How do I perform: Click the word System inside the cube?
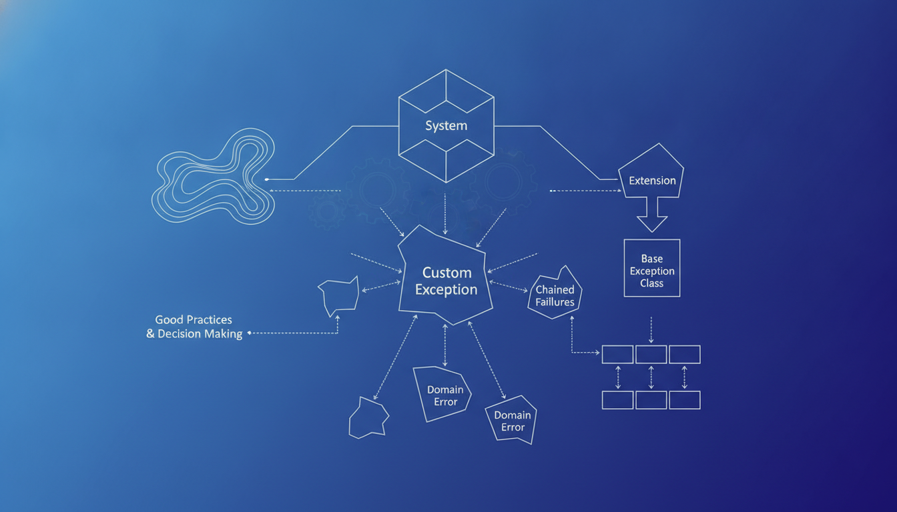click(446, 125)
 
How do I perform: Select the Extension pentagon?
click(651, 172)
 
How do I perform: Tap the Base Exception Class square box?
click(652, 268)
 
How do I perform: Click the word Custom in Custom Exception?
click(447, 273)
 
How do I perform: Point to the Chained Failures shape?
click(555, 294)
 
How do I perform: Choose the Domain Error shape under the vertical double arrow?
click(442, 394)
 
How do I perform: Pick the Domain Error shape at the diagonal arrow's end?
click(511, 420)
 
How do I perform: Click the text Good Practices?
click(194, 319)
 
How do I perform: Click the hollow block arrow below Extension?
click(652, 215)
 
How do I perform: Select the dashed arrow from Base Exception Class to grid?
click(651, 330)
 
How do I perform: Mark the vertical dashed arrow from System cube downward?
click(445, 214)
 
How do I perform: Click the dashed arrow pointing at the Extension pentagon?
click(585, 191)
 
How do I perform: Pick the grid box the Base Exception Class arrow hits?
click(651, 355)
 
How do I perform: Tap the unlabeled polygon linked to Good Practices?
click(339, 296)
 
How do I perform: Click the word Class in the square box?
click(651, 283)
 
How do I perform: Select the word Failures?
click(555, 302)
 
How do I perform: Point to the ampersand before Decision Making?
click(150, 333)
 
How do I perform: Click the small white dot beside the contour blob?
click(267, 179)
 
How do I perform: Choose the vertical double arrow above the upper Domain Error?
click(445, 345)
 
